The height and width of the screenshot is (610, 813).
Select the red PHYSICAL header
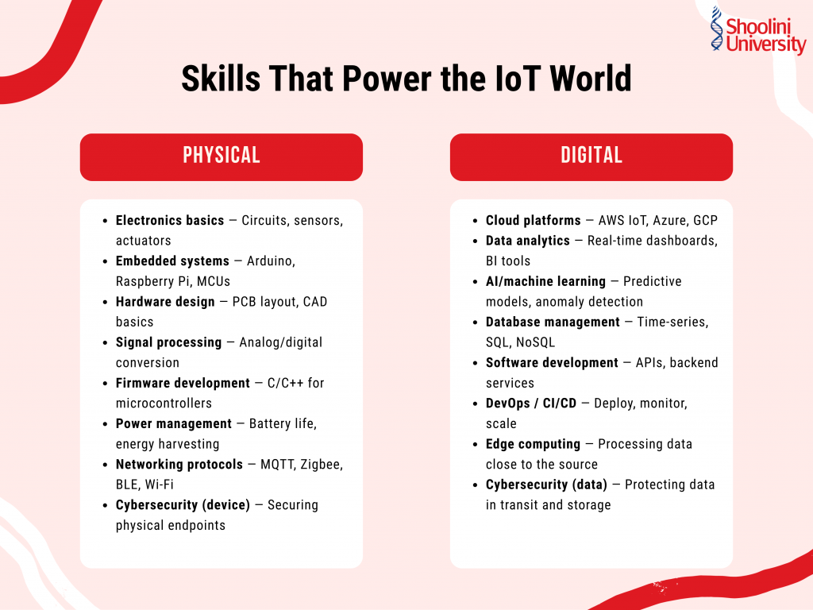click(222, 156)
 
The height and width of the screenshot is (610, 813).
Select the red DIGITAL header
click(591, 156)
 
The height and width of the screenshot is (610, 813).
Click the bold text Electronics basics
click(170, 221)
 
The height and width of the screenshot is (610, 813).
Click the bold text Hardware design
click(165, 302)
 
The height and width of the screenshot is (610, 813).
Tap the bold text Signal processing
click(168, 342)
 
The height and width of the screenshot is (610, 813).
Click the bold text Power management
click(174, 423)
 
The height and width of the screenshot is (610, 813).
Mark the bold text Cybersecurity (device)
click(183, 504)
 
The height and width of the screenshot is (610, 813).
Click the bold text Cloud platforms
click(534, 220)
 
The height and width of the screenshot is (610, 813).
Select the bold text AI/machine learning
click(545, 281)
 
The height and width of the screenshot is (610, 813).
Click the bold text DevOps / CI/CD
click(531, 403)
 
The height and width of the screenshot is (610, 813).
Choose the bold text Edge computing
click(533, 444)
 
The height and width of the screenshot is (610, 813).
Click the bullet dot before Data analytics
click(475, 241)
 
